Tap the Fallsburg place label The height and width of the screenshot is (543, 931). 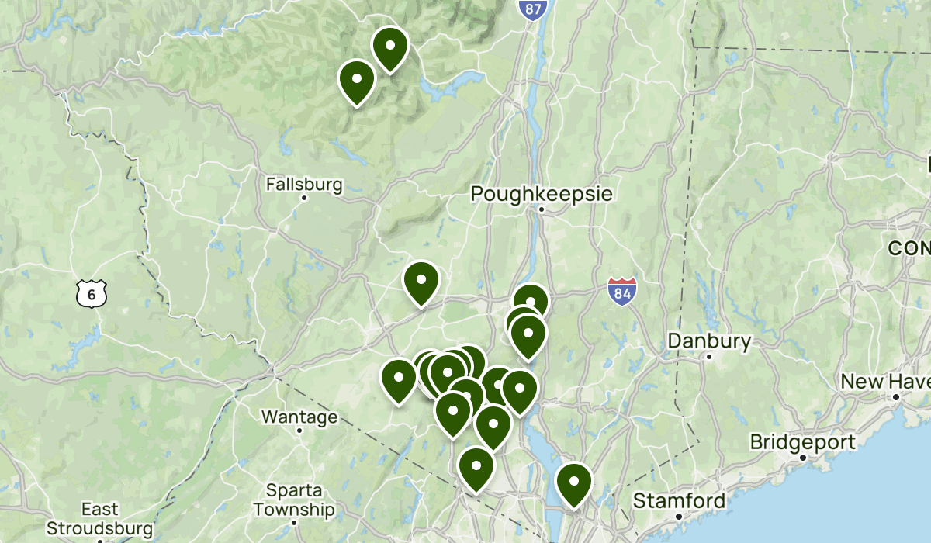click(304, 185)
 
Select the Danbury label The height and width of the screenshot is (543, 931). click(709, 341)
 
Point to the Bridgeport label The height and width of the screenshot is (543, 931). click(802, 442)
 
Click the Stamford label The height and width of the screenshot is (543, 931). click(679, 500)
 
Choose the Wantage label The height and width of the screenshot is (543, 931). click(299, 417)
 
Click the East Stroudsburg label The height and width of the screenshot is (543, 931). click(99, 519)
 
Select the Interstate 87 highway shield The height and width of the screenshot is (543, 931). click(533, 9)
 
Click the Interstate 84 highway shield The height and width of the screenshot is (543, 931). click(622, 290)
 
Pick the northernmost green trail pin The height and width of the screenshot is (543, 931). click(390, 47)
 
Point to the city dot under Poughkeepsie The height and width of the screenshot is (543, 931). click(542, 209)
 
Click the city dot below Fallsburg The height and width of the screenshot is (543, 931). click(304, 198)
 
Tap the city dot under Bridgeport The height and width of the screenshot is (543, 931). click(803, 457)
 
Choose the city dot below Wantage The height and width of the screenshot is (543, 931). click(299, 431)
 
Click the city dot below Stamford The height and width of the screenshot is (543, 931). click(679, 516)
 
